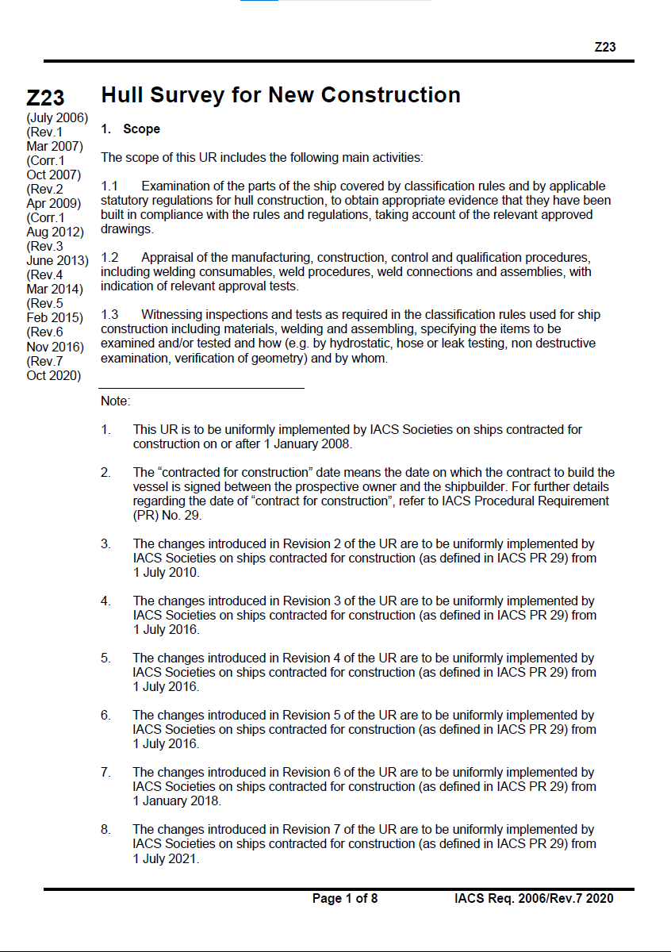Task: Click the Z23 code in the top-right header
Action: pyautogui.click(x=604, y=48)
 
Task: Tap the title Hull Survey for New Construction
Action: pyautogui.click(x=281, y=95)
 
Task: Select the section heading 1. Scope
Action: pyautogui.click(x=131, y=129)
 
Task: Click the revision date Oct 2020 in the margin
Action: pyautogui.click(x=54, y=375)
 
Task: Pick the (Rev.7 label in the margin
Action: pyautogui.click(x=44, y=361)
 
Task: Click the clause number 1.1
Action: pyautogui.click(x=109, y=186)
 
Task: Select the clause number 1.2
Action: pyautogui.click(x=109, y=258)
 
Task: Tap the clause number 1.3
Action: pyautogui.click(x=109, y=315)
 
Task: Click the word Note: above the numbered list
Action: pyautogui.click(x=115, y=401)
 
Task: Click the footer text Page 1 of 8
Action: pyautogui.click(x=345, y=899)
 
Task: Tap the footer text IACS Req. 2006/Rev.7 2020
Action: pyautogui.click(x=534, y=899)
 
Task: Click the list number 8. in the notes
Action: pyautogui.click(x=105, y=830)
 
